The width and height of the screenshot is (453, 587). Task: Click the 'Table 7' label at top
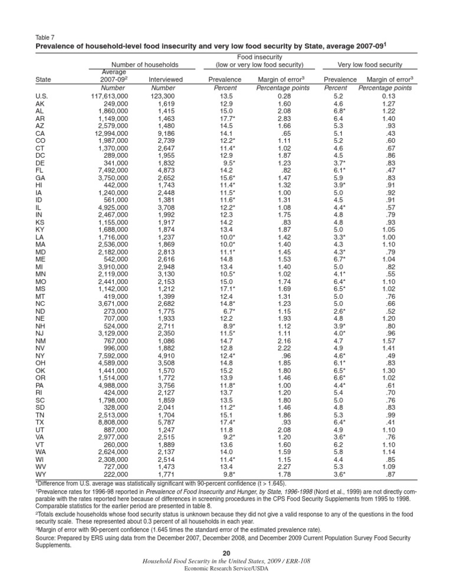pyautogui.click(x=45, y=36)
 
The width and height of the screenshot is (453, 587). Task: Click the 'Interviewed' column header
pyautogui.click(x=166, y=79)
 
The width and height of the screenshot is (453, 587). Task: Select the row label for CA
pyautogui.click(x=40, y=133)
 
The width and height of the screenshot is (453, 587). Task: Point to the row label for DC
pyautogui.click(x=41, y=156)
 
